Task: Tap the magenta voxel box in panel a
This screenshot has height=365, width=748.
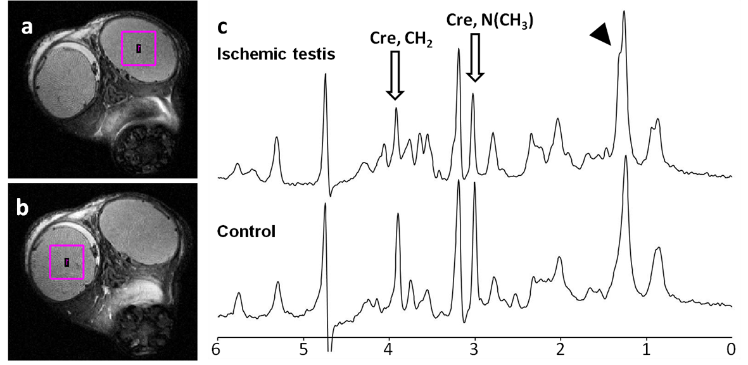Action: (139, 48)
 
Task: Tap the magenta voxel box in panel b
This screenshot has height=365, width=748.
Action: (67, 263)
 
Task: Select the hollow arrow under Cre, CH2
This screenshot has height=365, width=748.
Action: (395, 75)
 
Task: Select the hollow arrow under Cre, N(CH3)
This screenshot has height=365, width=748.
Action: (474, 58)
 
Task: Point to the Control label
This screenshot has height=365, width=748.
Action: (246, 232)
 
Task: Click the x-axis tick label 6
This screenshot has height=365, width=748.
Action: (219, 350)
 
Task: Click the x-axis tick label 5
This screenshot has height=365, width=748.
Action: (303, 350)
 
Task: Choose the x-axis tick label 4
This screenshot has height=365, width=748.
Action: (389, 350)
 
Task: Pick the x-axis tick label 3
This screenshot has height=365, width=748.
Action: (474, 350)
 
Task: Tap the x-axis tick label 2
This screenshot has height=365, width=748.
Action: (560, 350)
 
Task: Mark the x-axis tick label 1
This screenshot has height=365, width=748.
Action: (645, 350)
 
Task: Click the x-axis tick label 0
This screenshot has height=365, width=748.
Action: (731, 350)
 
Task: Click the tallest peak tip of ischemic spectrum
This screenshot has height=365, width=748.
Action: (624, 11)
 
